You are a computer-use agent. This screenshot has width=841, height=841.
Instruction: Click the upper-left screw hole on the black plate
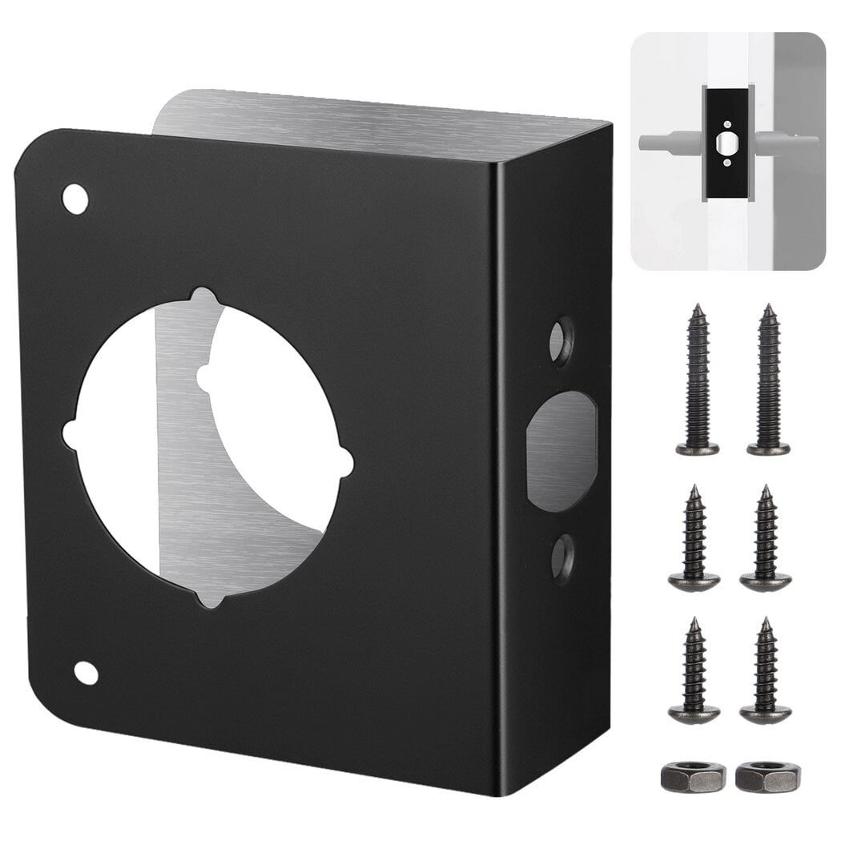(x=75, y=199)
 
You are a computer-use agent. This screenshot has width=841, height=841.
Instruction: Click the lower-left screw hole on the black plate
(x=86, y=673)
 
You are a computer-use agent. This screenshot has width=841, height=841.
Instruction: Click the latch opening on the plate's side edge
(x=561, y=450)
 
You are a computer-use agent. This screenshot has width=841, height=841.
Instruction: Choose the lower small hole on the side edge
(x=562, y=557)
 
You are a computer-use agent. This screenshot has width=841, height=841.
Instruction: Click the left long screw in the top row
(x=697, y=380)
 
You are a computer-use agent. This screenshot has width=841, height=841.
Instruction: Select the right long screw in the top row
(x=768, y=380)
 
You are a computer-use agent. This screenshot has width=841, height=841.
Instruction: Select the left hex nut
(x=693, y=775)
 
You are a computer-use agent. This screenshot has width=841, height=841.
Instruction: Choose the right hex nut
(x=767, y=775)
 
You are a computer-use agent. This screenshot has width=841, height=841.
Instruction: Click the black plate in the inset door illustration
(x=726, y=143)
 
